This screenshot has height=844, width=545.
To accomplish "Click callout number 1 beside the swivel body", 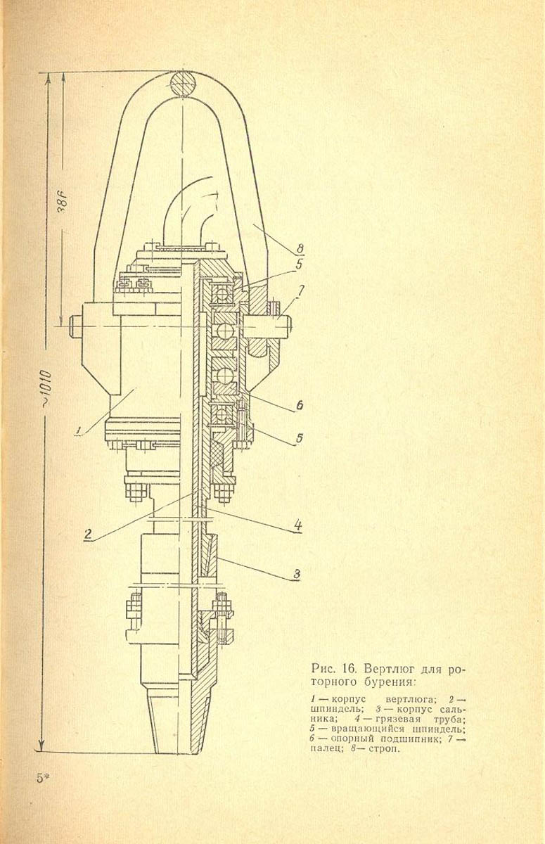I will pyautogui.click(x=81, y=428).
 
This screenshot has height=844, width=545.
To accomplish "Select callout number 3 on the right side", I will pyautogui.click(x=297, y=573).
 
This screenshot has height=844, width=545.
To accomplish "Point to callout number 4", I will pyautogui.click(x=297, y=524).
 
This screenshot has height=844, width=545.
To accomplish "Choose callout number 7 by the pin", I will pyautogui.click(x=301, y=290).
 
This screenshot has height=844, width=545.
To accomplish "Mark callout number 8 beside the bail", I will pyautogui.click(x=300, y=247).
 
